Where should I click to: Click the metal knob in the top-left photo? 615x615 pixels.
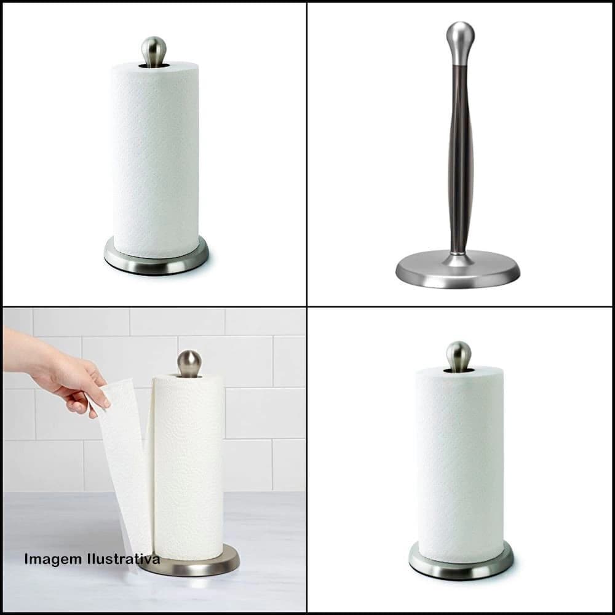(x=154, y=51)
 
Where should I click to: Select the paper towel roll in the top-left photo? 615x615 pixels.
(x=156, y=159)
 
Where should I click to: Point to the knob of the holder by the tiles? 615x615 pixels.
(x=189, y=363)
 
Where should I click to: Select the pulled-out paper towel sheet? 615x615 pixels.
(x=124, y=470)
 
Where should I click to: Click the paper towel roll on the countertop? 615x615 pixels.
(x=189, y=467)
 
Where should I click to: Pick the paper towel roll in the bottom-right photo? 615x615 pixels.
(x=460, y=464)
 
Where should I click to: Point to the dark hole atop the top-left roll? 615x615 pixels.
(x=154, y=65)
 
